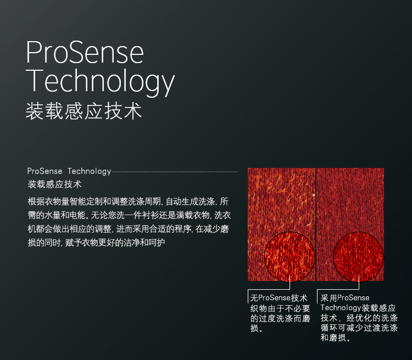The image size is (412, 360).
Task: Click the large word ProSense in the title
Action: click(x=85, y=52)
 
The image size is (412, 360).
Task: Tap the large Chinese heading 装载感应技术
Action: click(x=84, y=111)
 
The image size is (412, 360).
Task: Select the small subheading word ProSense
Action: click(x=44, y=171)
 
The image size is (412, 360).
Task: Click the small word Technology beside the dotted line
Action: click(x=90, y=171)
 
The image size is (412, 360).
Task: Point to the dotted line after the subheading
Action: click(x=175, y=172)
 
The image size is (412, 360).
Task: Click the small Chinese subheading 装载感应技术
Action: click(x=54, y=184)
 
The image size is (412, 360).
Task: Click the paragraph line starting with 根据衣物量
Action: click(x=128, y=201)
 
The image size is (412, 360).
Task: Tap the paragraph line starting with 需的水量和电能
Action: click(x=129, y=215)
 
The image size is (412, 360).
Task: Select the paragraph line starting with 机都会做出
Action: click(x=128, y=229)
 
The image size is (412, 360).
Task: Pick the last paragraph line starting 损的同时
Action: click(x=97, y=243)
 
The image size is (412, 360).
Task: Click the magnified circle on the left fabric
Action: click(x=289, y=257)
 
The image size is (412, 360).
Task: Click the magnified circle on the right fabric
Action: click(x=358, y=257)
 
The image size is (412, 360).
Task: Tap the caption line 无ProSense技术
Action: click(x=279, y=298)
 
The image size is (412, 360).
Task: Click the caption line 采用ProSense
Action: click(x=345, y=298)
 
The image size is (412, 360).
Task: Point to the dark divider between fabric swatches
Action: click(x=316, y=224)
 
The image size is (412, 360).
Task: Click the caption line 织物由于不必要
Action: click(x=280, y=308)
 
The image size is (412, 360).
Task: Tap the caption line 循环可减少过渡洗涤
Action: click(x=359, y=328)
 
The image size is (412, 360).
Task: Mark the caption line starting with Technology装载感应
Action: click(x=358, y=308)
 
